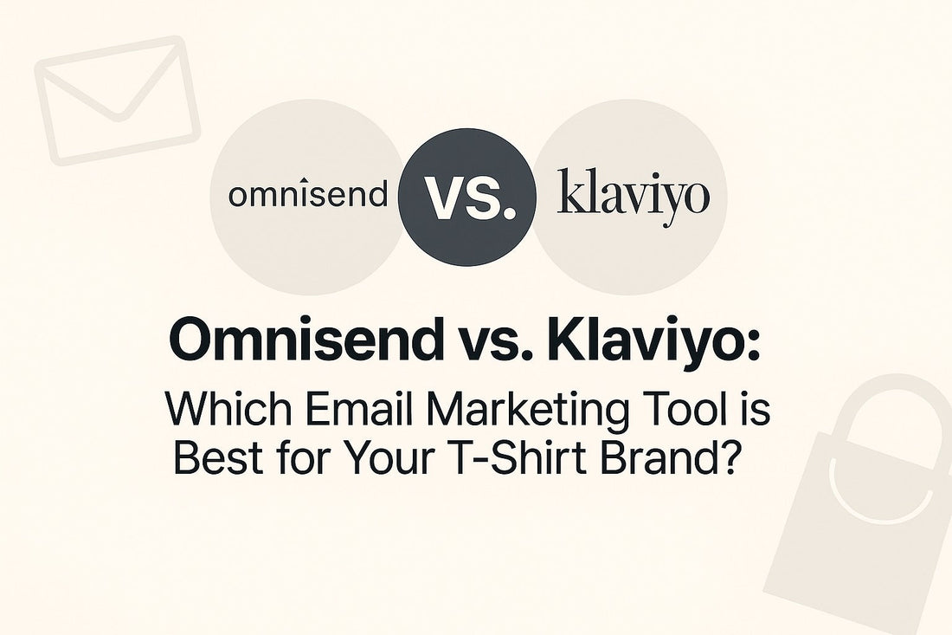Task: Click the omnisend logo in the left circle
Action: [308, 194]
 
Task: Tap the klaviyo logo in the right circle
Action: [634, 194]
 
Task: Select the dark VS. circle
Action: [466, 197]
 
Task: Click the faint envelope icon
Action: [117, 100]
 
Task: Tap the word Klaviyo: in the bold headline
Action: [653, 340]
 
